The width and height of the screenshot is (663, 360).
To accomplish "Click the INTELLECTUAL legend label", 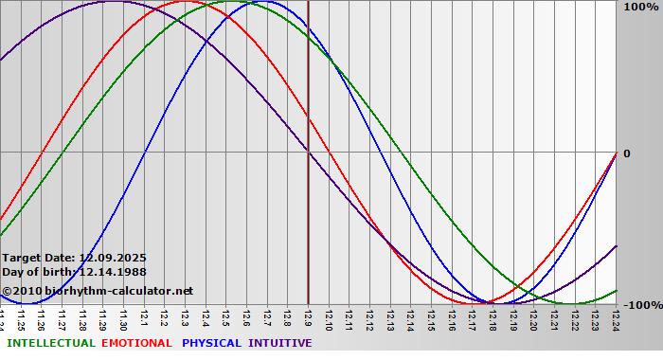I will [50, 343].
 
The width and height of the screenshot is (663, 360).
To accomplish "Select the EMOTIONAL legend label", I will [136, 343].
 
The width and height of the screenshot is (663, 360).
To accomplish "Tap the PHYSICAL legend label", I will [212, 343].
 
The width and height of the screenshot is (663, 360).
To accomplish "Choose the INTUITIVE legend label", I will [280, 343].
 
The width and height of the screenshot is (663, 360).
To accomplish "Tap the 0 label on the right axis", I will [626, 153].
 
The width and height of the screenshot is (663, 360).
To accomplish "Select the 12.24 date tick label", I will [616, 318].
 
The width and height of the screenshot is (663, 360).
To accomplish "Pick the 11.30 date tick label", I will [123, 318].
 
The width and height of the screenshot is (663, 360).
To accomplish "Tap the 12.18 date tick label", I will [493, 318].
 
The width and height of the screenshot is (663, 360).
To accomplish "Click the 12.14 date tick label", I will [410, 318].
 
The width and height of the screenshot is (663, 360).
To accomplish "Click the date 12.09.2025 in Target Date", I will [113, 258].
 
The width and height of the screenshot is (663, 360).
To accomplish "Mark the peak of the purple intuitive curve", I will [113, 2].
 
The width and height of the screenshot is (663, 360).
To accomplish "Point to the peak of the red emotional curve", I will [194, 2].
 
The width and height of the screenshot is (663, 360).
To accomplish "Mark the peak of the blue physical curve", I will [254, 2].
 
